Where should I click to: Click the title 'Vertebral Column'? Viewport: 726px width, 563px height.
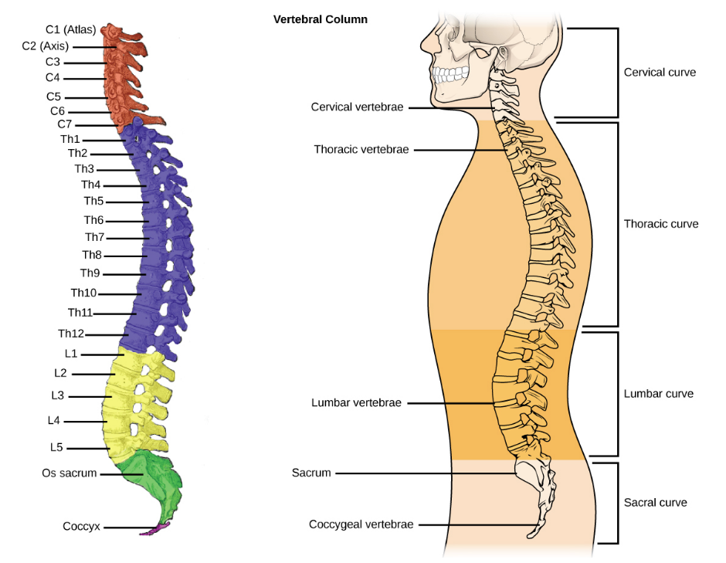[x=320, y=19]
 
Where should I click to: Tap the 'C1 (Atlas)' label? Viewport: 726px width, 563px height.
[x=70, y=30]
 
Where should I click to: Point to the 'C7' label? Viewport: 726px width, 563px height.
[x=66, y=124]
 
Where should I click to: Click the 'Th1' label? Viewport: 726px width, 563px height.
[x=70, y=139]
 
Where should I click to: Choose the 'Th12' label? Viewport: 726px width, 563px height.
[x=71, y=334]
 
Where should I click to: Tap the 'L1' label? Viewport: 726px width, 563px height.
[x=71, y=353]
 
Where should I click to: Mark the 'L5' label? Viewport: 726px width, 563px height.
[x=56, y=446]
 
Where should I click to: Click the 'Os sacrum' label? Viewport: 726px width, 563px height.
[x=70, y=473]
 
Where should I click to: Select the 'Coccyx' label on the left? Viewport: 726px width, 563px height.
[x=80, y=527]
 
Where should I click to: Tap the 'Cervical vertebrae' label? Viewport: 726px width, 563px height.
[x=357, y=107]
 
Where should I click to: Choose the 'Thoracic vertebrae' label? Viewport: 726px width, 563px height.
[x=361, y=149]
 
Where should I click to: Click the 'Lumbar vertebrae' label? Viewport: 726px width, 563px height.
[x=356, y=402]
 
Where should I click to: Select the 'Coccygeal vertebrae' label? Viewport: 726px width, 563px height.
[x=361, y=524]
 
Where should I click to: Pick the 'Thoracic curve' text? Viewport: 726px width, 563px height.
[x=660, y=224]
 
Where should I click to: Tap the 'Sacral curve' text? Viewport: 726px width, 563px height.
[x=655, y=502]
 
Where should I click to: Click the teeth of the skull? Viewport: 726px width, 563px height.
[x=446, y=76]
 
